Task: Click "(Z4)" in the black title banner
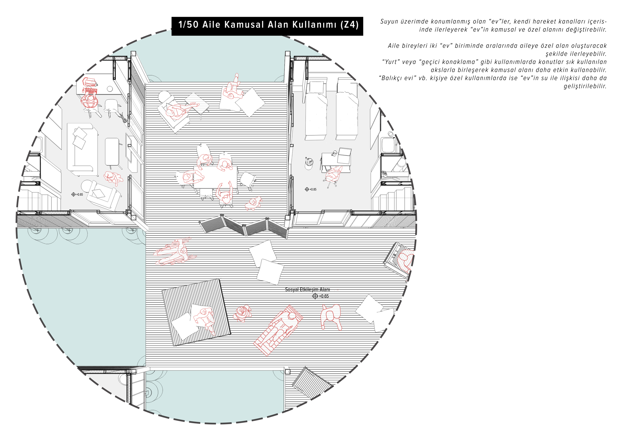[349, 25]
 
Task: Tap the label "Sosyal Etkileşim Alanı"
[307, 289]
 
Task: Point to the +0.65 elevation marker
[321, 296]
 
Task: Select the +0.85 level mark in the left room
[77, 194]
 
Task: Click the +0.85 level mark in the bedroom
[311, 189]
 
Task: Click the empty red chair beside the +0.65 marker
[331, 317]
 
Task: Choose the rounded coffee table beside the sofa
[112, 152]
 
